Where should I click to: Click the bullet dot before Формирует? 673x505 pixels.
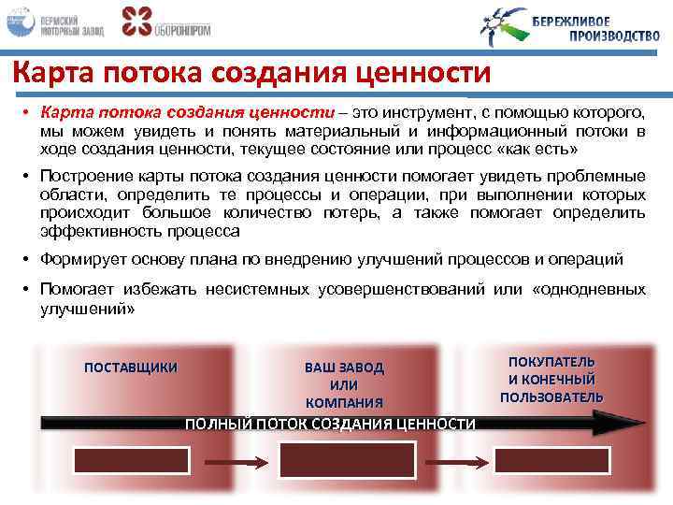29,259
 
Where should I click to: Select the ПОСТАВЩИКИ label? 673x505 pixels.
131,367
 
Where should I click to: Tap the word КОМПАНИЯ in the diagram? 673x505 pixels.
344,402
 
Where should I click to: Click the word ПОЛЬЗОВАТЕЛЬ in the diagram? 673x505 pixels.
551,397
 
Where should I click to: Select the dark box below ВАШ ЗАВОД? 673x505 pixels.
345,460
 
